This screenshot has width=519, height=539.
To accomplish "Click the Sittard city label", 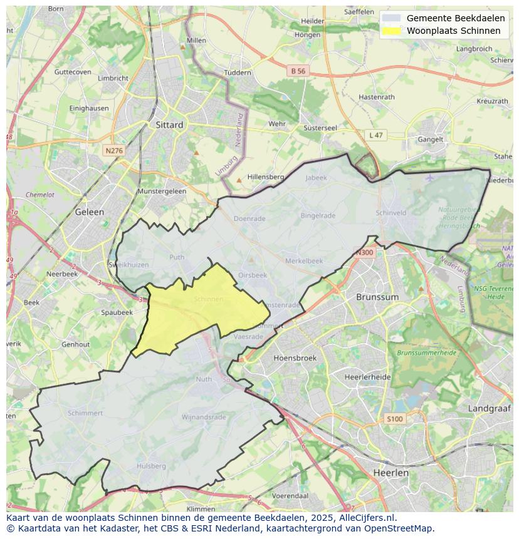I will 169,125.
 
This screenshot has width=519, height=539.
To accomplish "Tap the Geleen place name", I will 89,212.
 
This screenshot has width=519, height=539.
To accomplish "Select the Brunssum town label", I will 377,297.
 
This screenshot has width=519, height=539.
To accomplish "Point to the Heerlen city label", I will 390,473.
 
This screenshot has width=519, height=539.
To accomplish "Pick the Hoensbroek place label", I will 295,358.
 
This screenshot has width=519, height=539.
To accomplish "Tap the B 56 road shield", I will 298,71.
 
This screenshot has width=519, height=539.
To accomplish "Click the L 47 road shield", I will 375,135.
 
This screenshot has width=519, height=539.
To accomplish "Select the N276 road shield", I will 114,151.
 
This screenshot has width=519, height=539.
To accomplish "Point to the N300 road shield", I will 364,253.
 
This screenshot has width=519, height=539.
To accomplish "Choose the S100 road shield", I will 395,419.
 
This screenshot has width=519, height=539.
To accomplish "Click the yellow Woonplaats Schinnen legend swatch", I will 391,31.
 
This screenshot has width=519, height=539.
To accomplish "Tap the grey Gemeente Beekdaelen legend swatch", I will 391,18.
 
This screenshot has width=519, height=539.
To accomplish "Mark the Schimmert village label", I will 85,413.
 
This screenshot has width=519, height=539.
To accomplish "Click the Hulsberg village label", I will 151,466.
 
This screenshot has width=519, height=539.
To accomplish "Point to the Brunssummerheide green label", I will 426,353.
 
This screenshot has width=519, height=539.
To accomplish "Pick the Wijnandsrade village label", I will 203,417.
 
